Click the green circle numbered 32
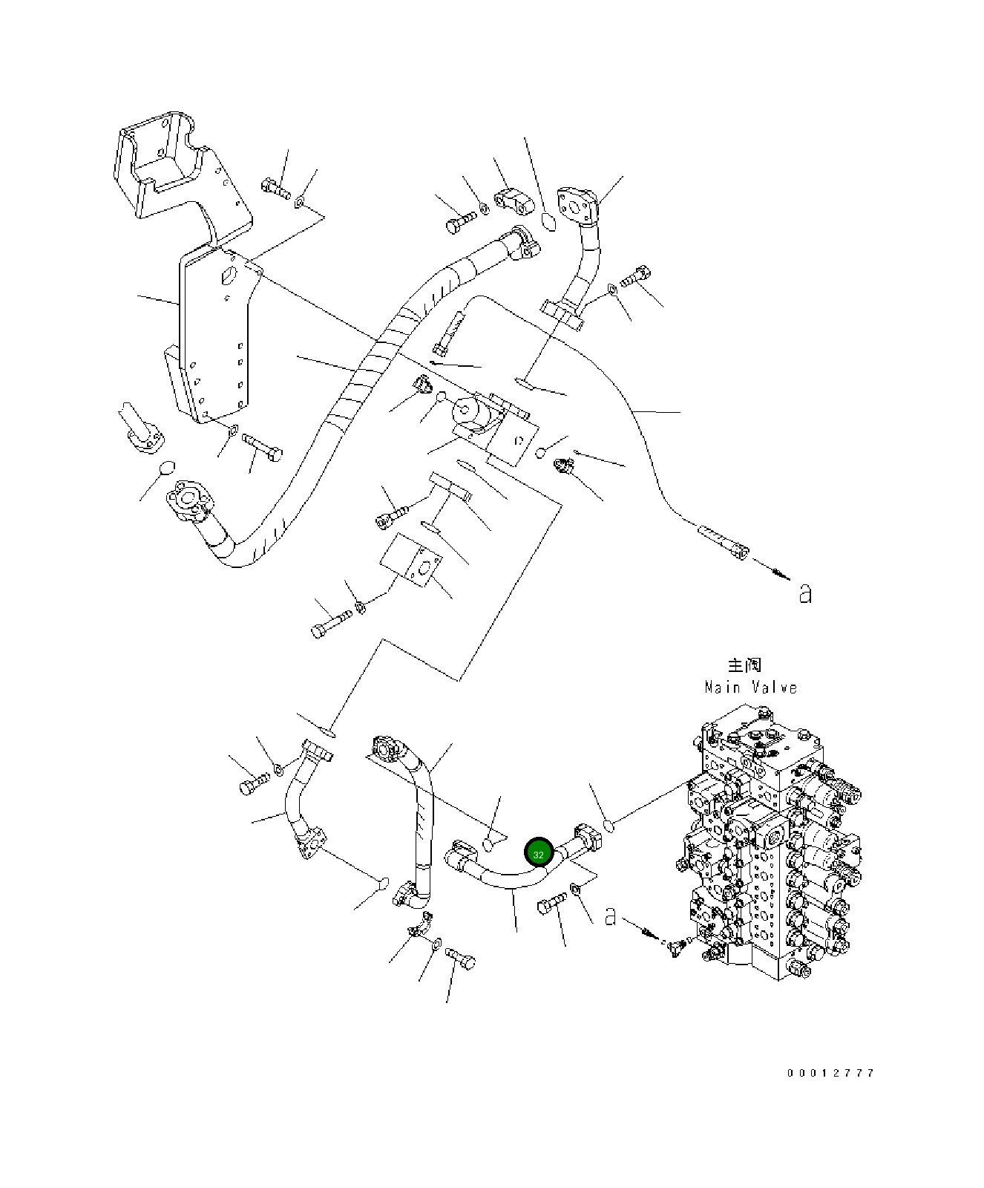coord(538,854)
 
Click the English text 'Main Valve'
coord(751,688)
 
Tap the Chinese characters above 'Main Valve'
coord(744,665)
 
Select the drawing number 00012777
coord(831,1073)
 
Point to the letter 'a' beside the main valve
coord(610,916)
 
